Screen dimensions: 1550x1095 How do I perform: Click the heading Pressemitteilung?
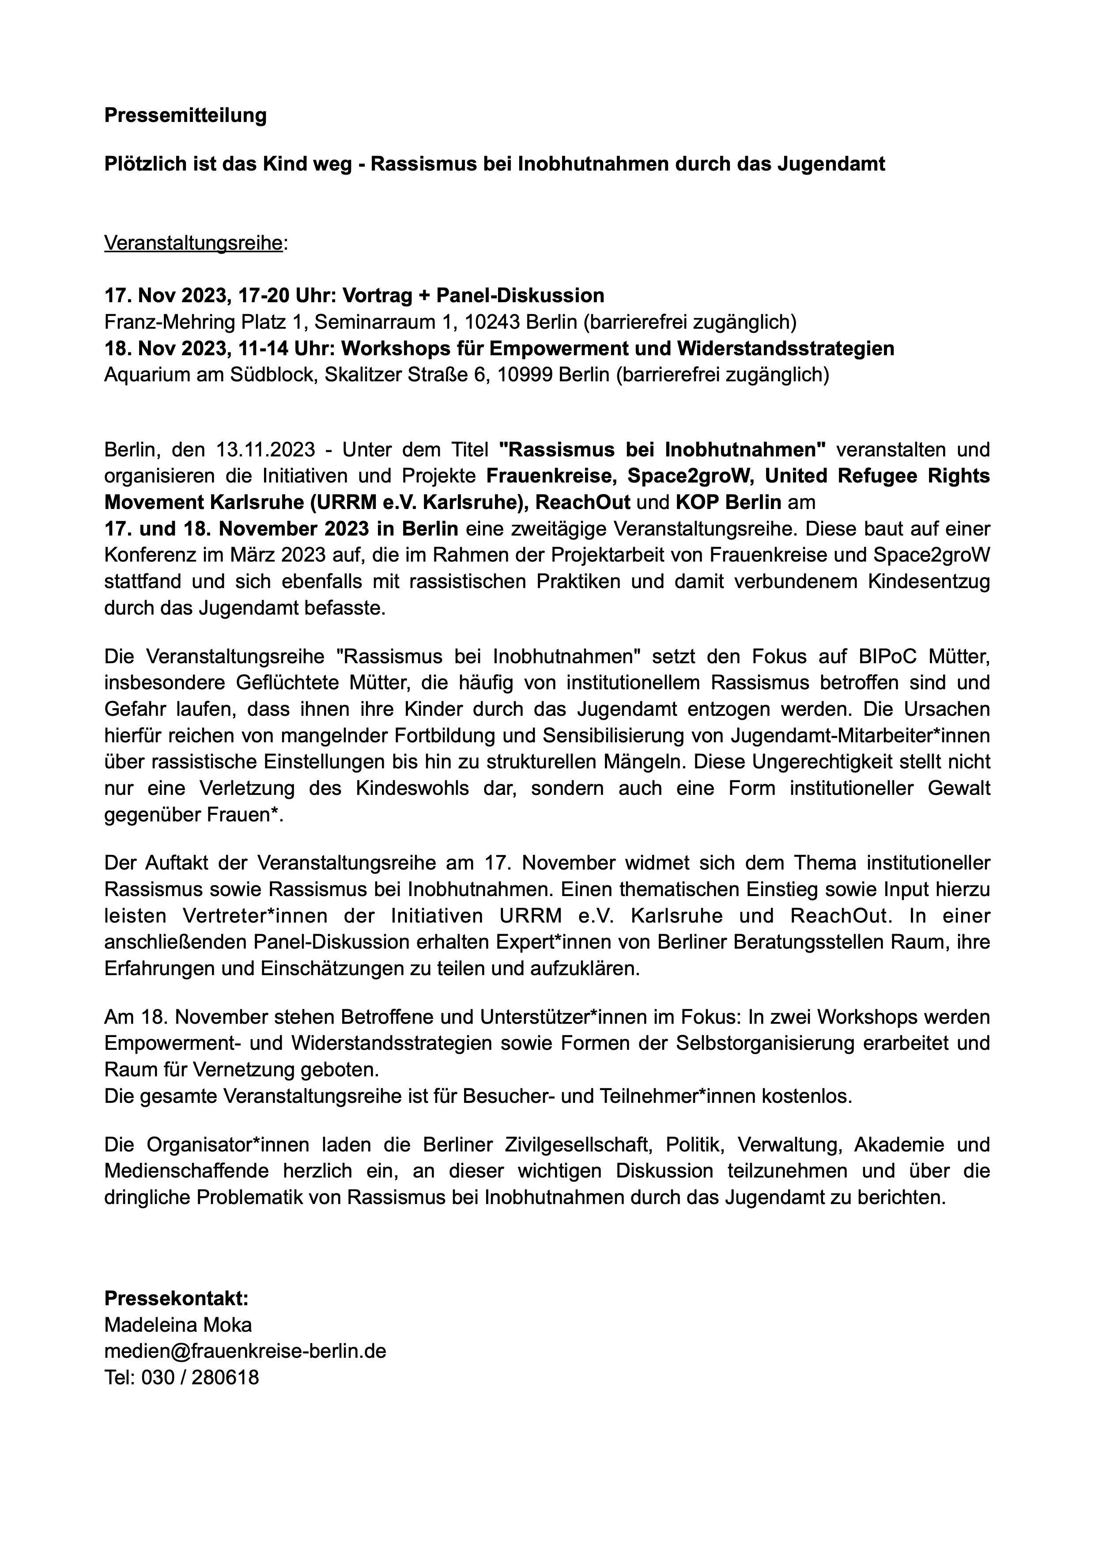pyautogui.click(x=185, y=115)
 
